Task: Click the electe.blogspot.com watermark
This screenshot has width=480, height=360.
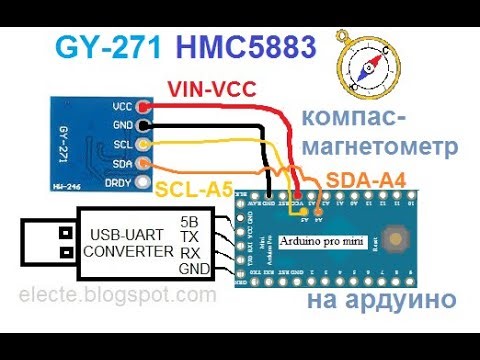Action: (109, 296)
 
